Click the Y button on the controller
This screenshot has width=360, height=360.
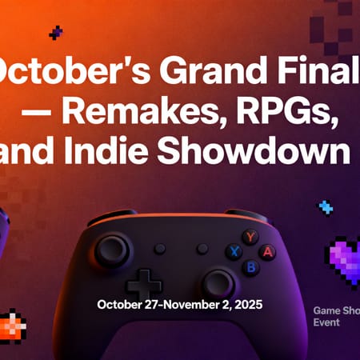(x=250, y=237)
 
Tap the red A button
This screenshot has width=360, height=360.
(x=267, y=251)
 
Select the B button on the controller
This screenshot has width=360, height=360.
(x=250, y=266)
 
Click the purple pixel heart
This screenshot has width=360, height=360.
(x=347, y=261)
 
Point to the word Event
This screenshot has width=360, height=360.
(x=326, y=322)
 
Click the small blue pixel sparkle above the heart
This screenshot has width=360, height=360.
(x=326, y=208)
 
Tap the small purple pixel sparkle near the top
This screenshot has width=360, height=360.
(x=55, y=33)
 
